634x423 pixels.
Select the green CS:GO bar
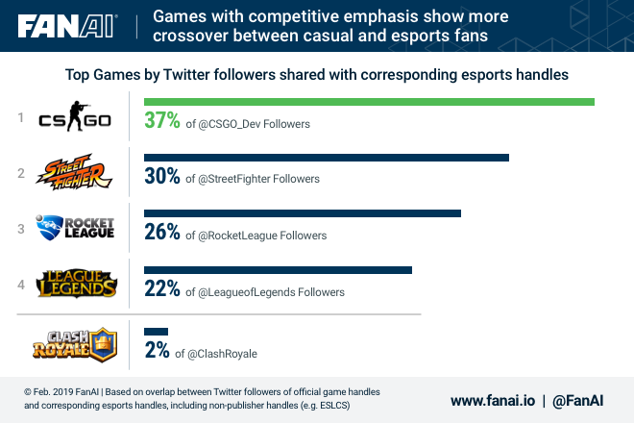[369, 102]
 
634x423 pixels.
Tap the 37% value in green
[162, 121]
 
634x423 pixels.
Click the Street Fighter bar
[326, 158]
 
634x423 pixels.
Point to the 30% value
[162, 177]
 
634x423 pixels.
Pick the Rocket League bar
[302, 213]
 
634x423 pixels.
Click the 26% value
[162, 233]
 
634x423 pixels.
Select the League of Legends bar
[278, 270]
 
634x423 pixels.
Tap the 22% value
[162, 289]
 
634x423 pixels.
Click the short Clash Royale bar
[156, 332]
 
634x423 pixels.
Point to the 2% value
[157, 351]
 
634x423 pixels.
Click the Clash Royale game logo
[74, 343]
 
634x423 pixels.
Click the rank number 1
[20, 118]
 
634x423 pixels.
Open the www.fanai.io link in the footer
[492, 399]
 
